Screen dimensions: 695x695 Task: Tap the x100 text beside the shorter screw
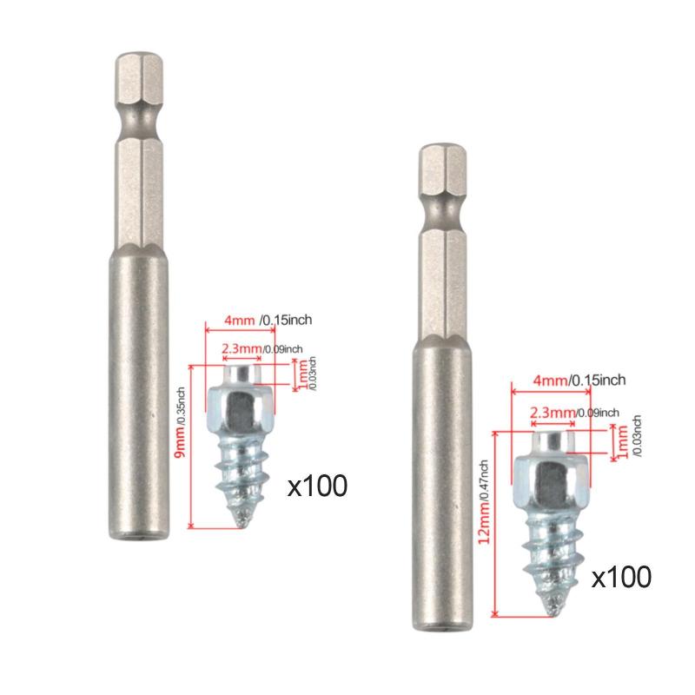(317, 486)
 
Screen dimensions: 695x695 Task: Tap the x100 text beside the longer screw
(621, 577)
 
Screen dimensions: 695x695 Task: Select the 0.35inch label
(182, 406)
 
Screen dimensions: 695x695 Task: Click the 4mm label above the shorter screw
(240, 320)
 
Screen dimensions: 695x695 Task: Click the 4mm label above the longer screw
(550, 381)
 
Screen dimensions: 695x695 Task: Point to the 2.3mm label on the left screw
(242, 348)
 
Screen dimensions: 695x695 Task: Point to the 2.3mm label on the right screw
(553, 413)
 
